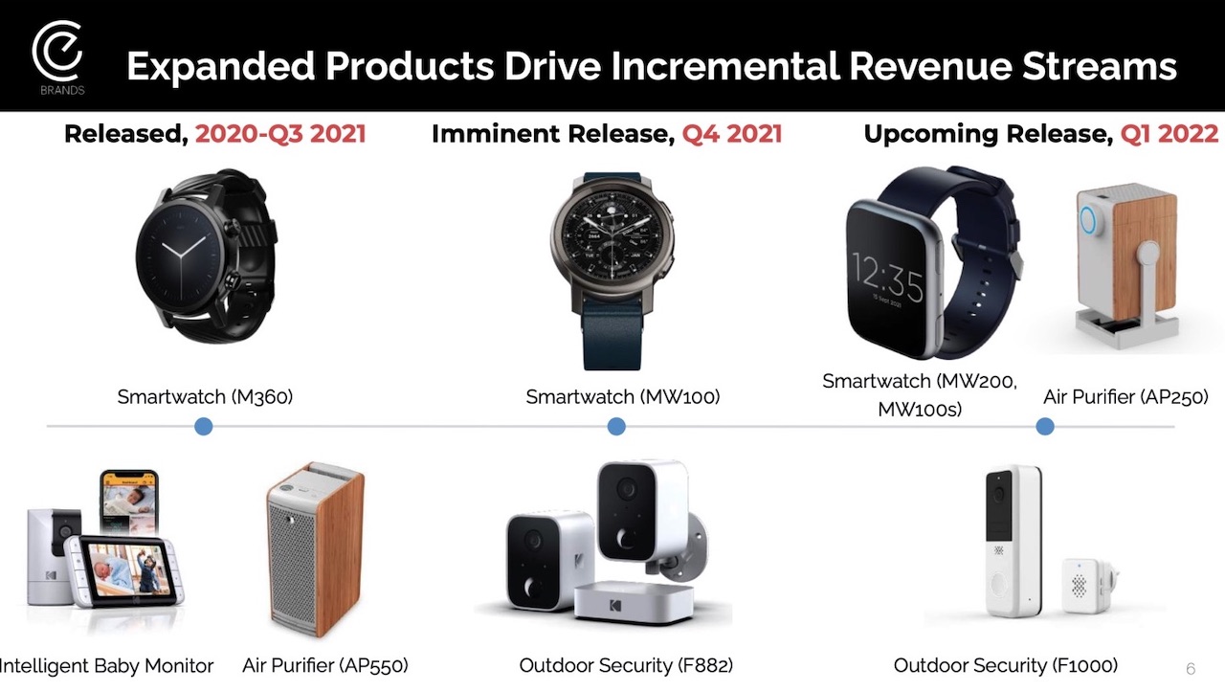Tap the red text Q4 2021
[732, 134]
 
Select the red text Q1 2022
[1169, 134]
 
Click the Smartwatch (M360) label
[205, 397]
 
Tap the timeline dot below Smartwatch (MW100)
[616, 427]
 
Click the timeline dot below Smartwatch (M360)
[204, 427]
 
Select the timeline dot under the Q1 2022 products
[1045, 427]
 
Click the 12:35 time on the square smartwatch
[887, 279]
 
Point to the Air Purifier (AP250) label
[1125, 397]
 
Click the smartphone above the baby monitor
[129, 502]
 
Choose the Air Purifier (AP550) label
[325, 665]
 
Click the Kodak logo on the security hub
[614, 605]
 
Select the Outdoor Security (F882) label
[626, 665]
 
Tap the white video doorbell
[1013, 541]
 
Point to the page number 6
[1191, 669]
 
